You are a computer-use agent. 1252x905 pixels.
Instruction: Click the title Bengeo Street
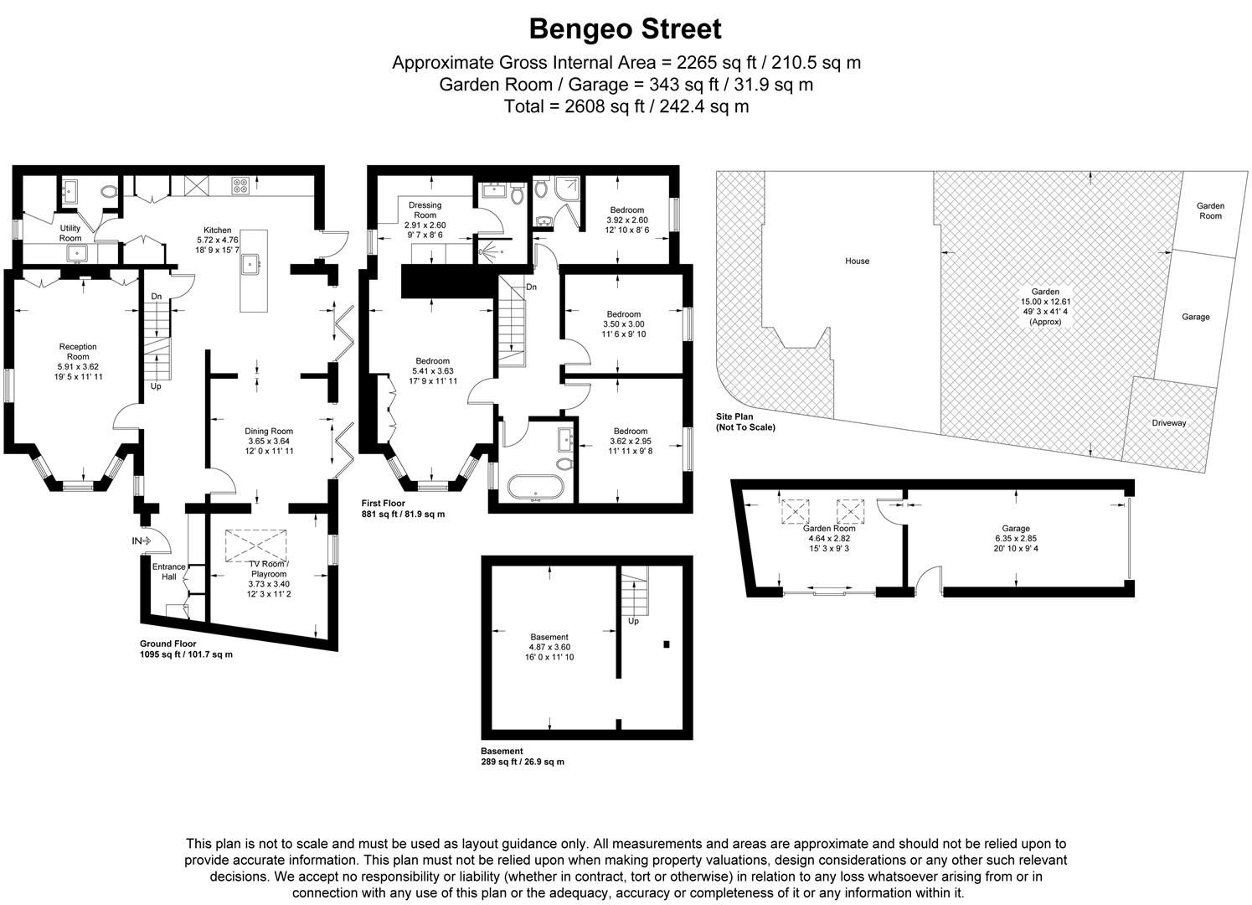pos(625,29)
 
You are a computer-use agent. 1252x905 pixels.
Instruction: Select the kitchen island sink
pos(252,266)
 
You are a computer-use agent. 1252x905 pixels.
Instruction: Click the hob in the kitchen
pos(240,187)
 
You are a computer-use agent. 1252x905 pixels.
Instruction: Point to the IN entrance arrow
pos(142,541)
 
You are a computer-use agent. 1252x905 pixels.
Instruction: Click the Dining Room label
pos(269,441)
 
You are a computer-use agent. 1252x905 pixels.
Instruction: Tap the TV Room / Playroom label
pos(268,574)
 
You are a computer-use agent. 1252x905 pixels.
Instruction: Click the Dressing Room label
pos(425,215)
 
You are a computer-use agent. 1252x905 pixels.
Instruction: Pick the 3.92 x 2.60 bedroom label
pos(626,220)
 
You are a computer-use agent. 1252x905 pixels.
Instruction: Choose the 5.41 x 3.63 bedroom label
pos(432,371)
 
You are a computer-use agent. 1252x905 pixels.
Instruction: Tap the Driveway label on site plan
pos(1168,423)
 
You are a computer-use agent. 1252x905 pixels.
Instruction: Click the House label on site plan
pos(857,261)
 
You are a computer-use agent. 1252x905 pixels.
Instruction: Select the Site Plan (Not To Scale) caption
pos(745,421)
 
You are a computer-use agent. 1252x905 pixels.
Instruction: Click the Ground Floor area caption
pos(186,649)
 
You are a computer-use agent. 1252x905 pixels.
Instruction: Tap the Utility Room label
pos(70,233)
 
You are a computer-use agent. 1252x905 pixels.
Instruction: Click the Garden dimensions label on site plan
pos(1044,307)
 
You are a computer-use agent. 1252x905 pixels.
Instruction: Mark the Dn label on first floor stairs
pos(531,287)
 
